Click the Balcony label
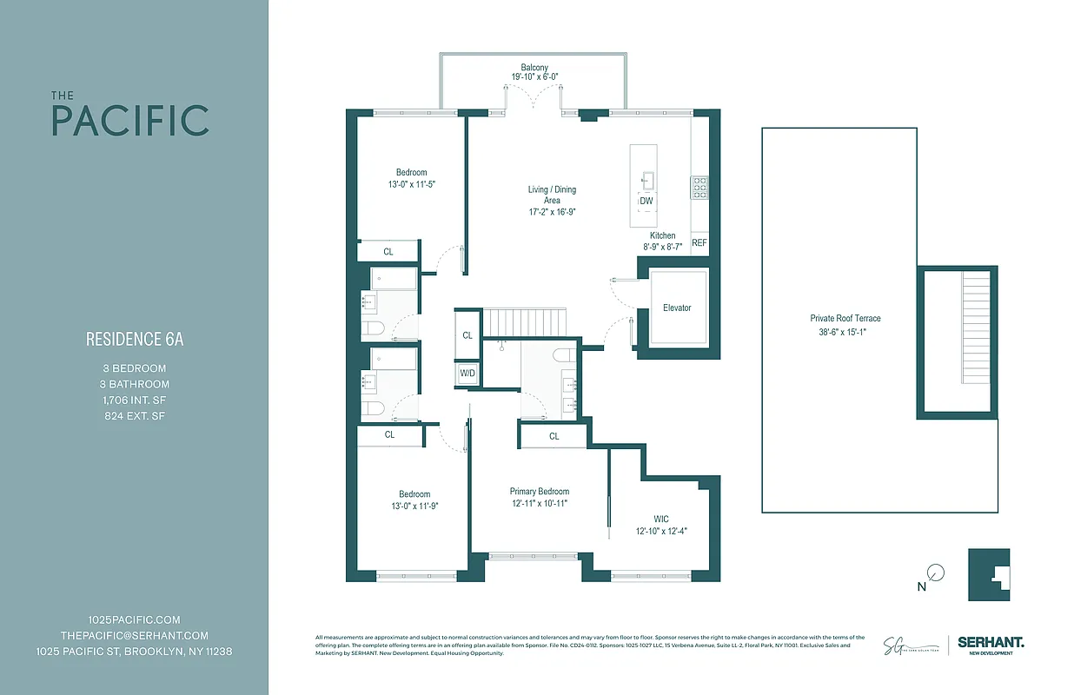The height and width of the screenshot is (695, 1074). click(x=534, y=68)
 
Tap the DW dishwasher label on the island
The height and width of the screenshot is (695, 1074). click(x=646, y=202)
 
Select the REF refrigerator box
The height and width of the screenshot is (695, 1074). click(x=699, y=243)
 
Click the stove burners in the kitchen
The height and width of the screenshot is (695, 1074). click(x=699, y=187)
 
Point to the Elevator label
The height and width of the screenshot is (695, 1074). click(x=677, y=308)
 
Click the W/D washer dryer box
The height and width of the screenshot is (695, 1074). click(x=467, y=374)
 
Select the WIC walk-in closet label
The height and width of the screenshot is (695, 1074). click(x=664, y=519)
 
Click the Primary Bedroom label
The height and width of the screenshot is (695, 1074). click(x=540, y=492)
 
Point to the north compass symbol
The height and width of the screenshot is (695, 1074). click(x=935, y=573)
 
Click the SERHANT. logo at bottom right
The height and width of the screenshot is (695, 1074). click(x=991, y=643)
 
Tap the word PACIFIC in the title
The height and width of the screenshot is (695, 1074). click(x=130, y=121)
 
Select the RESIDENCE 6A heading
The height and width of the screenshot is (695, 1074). click(x=135, y=340)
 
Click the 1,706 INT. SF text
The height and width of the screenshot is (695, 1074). click(x=135, y=400)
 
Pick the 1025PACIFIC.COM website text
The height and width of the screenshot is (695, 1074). click(x=135, y=619)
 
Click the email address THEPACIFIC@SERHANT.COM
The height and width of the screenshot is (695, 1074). click(x=135, y=635)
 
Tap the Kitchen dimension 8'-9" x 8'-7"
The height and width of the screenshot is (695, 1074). click(x=662, y=247)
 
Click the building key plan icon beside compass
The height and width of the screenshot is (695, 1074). click(x=989, y=574)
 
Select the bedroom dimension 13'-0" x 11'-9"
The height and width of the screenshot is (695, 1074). click(x=414, y=506)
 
